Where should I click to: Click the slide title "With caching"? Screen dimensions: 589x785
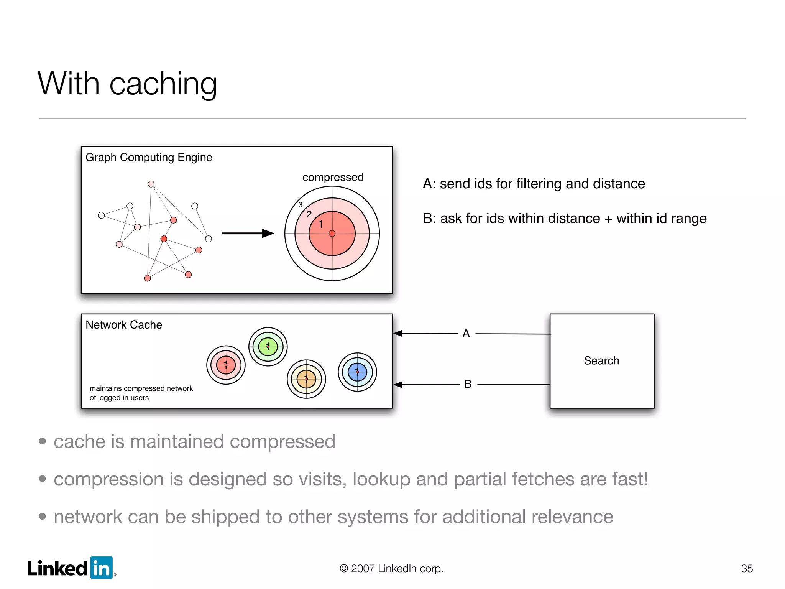click(127, 84)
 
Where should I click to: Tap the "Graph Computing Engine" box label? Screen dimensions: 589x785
click(149, 157)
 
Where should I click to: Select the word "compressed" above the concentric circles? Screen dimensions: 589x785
click(333, 177)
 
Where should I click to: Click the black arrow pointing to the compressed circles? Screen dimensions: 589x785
click(248, 233)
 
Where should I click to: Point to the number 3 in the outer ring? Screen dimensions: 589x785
click(301, 205)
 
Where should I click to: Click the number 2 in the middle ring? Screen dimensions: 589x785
click(309, 214)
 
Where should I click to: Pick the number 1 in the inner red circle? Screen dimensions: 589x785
click(321, 224)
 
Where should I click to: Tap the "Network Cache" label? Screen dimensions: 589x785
click(124, 325)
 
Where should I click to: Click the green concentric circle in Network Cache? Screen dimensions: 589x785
click(268, 347)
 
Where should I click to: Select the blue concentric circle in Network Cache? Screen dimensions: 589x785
click(357, 372)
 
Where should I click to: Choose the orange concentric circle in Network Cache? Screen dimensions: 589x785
click(306, 379)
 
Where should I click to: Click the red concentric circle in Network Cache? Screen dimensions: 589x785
click(226, 365)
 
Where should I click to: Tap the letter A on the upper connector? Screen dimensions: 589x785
click(466, 333)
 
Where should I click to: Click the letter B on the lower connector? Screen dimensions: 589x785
click(468, 384)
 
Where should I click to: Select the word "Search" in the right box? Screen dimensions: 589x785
click(601, 360)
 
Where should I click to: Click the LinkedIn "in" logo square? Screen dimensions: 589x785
click(102, 568)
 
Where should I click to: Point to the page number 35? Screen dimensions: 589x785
click(747, 568)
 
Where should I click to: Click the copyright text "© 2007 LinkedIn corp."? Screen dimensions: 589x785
click(391, 568)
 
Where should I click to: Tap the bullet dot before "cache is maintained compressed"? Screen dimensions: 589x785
click(43, 441)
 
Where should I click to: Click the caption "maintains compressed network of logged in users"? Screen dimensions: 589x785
click(141, 393)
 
